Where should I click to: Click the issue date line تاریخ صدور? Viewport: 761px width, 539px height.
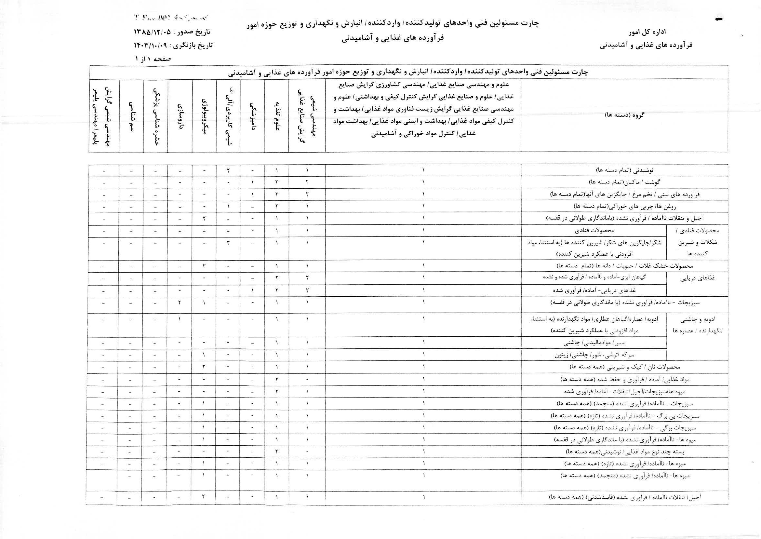[172, 33]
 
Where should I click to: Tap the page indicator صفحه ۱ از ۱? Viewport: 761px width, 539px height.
[153, 59]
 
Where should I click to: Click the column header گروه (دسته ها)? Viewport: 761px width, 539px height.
[624, 115]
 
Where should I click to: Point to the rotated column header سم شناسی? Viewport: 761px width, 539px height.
[131, 116]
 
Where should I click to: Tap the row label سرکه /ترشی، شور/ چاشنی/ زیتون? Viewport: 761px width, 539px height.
[594, 355]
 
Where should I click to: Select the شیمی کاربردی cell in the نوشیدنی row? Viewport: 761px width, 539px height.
[228, 170]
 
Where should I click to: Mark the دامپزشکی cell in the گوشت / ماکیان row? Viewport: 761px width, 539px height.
[252, 182]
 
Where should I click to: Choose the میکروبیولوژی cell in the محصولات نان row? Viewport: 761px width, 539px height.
[204, 367]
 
